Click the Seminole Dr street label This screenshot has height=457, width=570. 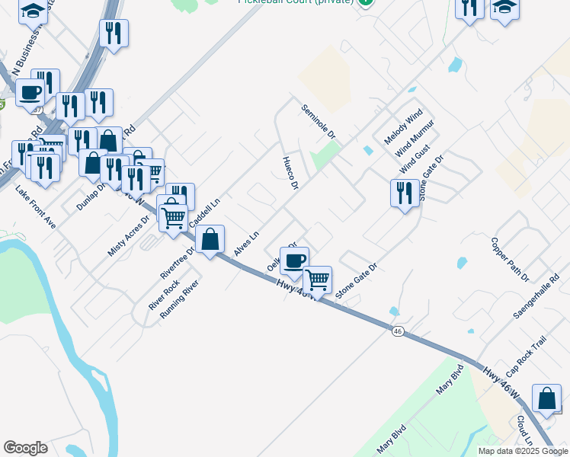click(x=319, y=122)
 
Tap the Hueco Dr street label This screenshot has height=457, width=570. click(x=290, y=173)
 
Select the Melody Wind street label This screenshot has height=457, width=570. click(x=403, y=128)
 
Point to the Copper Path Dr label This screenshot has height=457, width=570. click(x=510, y=260)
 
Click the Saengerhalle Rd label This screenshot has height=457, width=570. click(x=536, y=298)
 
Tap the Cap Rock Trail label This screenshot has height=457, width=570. click(x=525, y=354)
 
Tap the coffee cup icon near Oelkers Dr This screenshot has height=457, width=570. click(x=294, y=260)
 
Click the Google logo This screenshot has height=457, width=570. click(x=26, y=448)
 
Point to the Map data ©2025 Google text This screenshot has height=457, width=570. click(x=522, y=450)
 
